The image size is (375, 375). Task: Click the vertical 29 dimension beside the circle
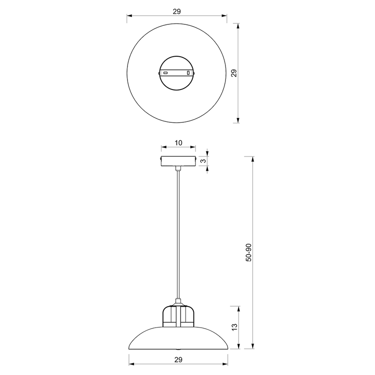[x=235, y=73]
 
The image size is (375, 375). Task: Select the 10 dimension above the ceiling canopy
[x=178, y=143]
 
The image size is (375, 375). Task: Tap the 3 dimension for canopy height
[x=202, y=161]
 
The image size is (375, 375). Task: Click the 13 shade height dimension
[x=235, y=327]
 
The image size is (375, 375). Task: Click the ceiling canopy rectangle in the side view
[x=178, y=161]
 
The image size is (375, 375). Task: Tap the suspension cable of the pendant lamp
[x=178, y=234]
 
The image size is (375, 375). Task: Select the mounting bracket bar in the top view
[x=176, y=73]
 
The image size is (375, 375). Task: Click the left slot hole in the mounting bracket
[x=165, y=73]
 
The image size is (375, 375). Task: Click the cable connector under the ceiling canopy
[x=178, y=168]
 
